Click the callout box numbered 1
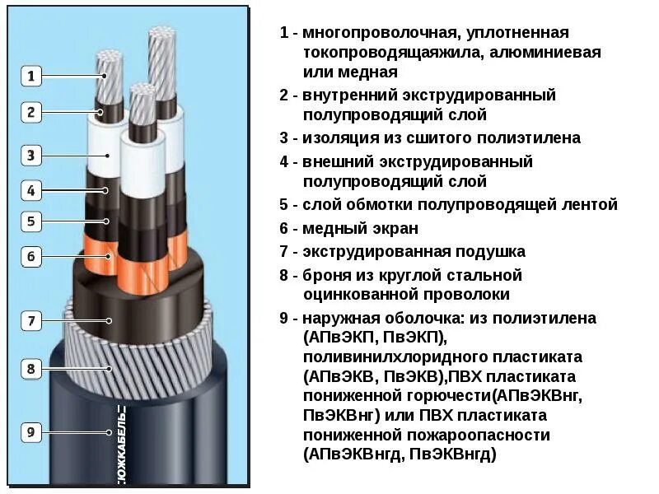(x=30, y=77)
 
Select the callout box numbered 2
(x=30, y=112)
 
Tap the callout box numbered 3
(x=30, y=155)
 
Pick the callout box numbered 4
(x=30, y=191)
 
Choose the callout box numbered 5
(x=30, y=221)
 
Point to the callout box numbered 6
(x=30, y=257)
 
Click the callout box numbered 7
(x=30, y=321)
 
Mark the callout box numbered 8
(x=30, y=368)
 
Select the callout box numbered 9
(x=30, y=431)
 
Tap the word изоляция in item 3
(x=339, y=137)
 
